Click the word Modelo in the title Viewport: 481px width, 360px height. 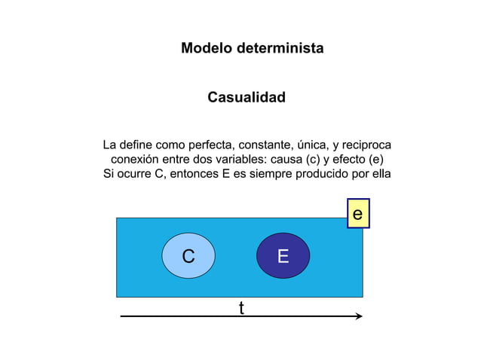207,48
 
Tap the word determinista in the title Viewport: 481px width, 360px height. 280,48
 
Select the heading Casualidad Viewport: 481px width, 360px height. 247,97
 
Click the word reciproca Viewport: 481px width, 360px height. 366,145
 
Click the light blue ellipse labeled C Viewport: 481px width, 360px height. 188,256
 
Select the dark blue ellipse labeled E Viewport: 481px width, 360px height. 283,256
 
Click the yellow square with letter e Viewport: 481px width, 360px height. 358,213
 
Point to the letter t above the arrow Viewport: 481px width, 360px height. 242,308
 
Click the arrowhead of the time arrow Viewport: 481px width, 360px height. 359,316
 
